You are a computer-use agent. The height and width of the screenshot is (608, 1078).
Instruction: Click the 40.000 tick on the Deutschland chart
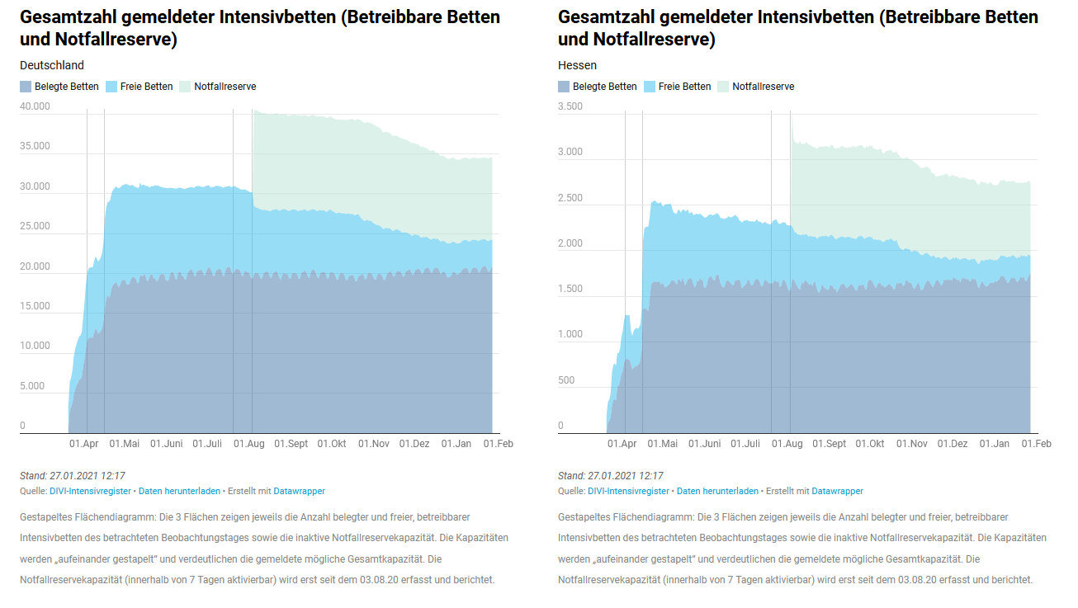pyautogui.click(x=35, y=106)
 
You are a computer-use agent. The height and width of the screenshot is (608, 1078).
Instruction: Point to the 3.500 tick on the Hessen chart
pyautogui.click(x=570, y=106)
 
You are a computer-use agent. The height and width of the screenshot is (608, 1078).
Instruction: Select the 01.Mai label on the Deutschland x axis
pyautogui.click(x=125, y=444)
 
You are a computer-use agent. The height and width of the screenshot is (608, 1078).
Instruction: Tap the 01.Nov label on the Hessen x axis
pyautogui.click(x=912, y=444)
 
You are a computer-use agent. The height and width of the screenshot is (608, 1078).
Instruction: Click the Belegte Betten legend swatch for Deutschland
pyautogui.click(x=26, y=87)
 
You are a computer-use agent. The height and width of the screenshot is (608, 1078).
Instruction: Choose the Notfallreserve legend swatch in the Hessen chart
pyautogui.click(x=723, y=87)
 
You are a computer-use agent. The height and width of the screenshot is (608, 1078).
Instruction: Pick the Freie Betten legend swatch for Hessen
pyautogui.click(x=649, y=87)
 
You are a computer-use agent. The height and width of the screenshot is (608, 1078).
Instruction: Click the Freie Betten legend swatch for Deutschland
pyautogui.click(x=111, y=87)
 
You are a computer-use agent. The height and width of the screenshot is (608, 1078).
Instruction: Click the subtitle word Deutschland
pyautogui.click(x=52, y=65)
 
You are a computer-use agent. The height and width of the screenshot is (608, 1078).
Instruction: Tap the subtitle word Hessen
pyautogui.click(x=577, y=65)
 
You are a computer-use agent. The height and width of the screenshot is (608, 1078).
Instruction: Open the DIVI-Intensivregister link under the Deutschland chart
pyautogui.click(x=90, y=491)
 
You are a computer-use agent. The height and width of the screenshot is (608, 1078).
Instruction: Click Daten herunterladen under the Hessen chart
pyautogui.click(x=717, y=491)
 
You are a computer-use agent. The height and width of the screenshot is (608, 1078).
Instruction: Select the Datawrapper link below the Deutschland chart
pyautogui.click(x=299, y=491)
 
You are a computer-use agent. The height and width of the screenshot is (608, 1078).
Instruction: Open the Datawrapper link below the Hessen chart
pyautogui.click(x=837, y=491)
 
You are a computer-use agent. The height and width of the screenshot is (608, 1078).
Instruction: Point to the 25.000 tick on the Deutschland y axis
pyautogui.click(x=35, y=226)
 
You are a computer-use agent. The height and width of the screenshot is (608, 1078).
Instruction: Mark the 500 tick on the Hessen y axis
pyautogui.click(x=566, y=380)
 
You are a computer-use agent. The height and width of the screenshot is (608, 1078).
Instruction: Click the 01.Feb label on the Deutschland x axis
pyautogui.click(x=498, y=444)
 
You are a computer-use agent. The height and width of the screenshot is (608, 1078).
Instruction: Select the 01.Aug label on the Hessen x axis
pyautogui.click(x=787, y=444)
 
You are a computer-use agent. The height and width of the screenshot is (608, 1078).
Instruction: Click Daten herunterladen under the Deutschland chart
pyautogui.click(x=179, y=491)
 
